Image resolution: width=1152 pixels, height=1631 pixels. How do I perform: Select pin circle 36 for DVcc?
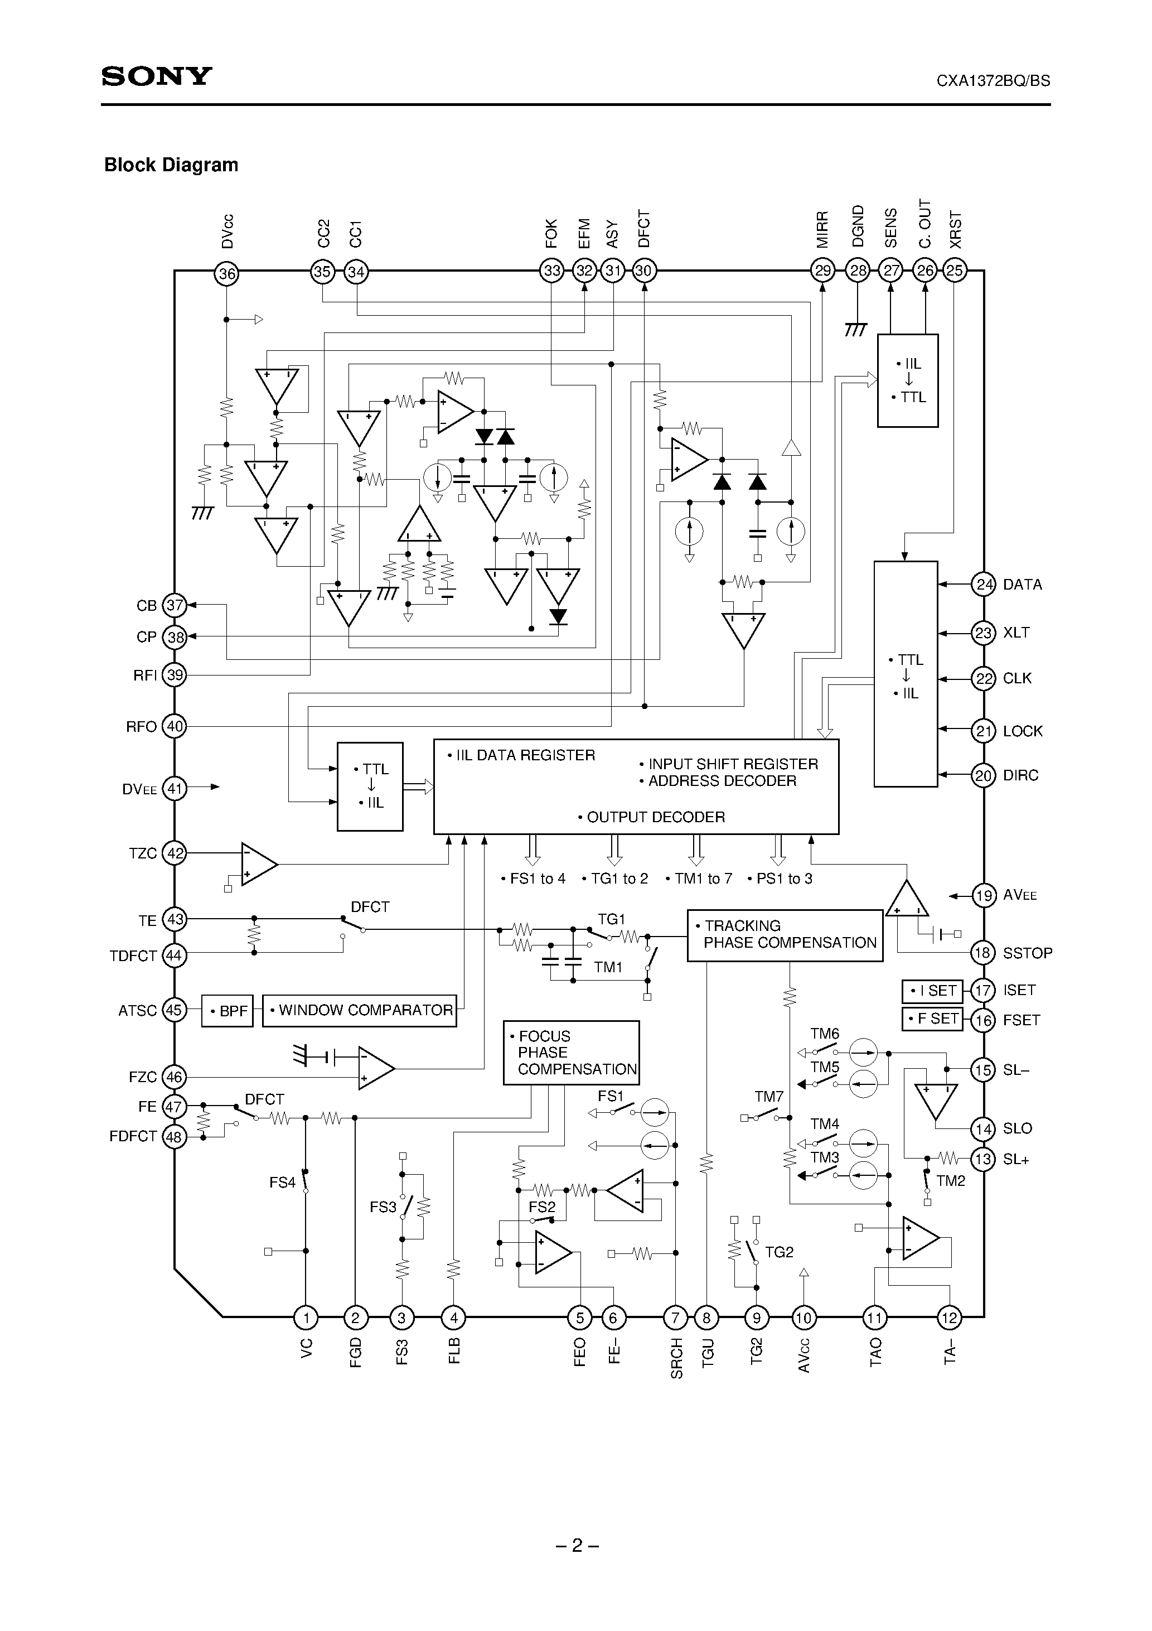(x=226, y=273)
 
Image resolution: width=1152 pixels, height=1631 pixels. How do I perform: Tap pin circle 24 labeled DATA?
(x=983, y=585)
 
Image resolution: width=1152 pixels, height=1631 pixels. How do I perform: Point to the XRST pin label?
(x=956, y=229)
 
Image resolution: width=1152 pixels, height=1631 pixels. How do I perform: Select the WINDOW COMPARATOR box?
(x=360, y=1010)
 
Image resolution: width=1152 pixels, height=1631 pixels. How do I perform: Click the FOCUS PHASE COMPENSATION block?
(x=571, y=1053)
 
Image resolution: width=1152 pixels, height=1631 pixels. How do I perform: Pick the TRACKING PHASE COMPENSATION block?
(x=785, y=935)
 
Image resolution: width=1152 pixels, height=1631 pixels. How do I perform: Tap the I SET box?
(x=932, y=990)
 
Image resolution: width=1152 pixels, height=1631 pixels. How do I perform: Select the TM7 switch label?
(x=768, y=1097)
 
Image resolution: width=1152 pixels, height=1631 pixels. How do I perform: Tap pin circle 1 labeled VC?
(x=306, y=1319)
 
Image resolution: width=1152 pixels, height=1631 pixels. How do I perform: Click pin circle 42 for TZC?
(x=175, y=853)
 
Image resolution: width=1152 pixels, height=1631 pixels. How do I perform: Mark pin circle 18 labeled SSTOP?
(x=983, y=953)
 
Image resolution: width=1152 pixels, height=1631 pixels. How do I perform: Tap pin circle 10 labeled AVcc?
(x=804, y=1319)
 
